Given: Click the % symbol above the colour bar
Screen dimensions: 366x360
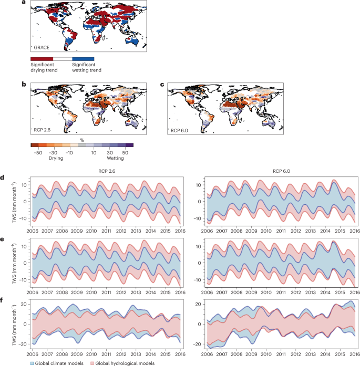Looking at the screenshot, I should coord(81,140).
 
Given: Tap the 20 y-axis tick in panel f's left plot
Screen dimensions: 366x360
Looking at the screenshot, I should coord(24,304).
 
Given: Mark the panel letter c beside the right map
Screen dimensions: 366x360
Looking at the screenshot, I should coord(162,84).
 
